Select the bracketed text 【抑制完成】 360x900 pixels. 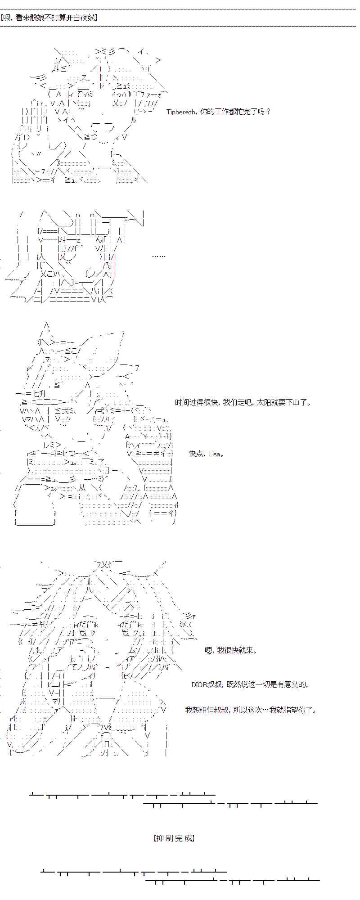click(174, 838)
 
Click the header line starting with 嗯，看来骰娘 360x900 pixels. click(49, 18)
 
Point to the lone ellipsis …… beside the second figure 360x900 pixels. click(158, 256)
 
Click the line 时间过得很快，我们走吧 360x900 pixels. click(243, 402)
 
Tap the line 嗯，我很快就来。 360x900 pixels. click(231, 650)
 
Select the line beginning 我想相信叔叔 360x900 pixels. click(251, 710)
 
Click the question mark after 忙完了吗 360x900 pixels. click(269, 112)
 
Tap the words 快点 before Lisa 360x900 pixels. click(196, 454)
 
